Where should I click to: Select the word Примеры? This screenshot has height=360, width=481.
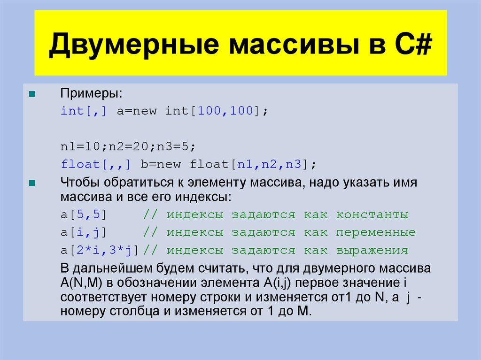point(91,93)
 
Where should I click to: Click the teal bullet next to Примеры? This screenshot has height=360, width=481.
point(31,93)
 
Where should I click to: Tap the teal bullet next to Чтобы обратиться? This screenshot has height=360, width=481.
point(31,183)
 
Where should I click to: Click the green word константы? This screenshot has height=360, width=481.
point(372,215)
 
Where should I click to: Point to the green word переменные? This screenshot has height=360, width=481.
point(375,232)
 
